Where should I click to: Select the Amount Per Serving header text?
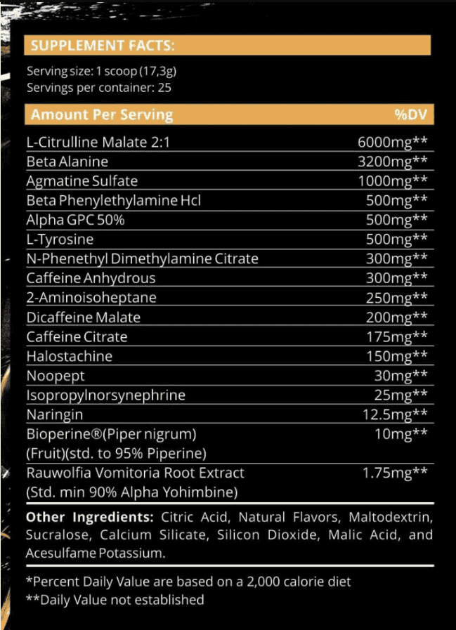click(102, 114)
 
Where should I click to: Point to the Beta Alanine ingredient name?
click(67, 162)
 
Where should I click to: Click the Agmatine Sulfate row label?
click(82, 181)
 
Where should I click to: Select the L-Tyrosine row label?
click(59, 239)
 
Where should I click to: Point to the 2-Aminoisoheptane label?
click(91, 297)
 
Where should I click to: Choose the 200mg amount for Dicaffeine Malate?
click(396, 317)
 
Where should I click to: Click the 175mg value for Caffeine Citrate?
click(396, 336)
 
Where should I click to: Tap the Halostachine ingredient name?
click(69, 356)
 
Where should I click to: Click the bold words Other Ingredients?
click(90, 518)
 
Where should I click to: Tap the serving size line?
click(96, 71)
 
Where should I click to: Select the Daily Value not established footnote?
click(115, 600)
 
